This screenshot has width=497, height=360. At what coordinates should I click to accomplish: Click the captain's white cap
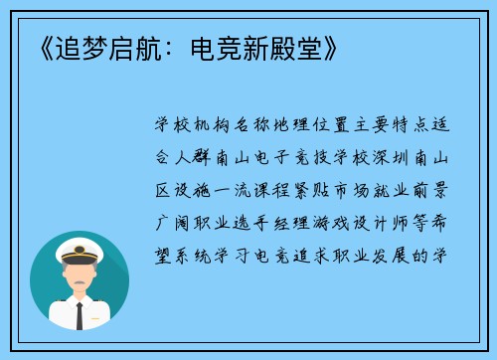pyautogui.click(x=79, y=248)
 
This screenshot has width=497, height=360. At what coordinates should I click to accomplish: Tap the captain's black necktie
pyautogui.click(x=80, y=314)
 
